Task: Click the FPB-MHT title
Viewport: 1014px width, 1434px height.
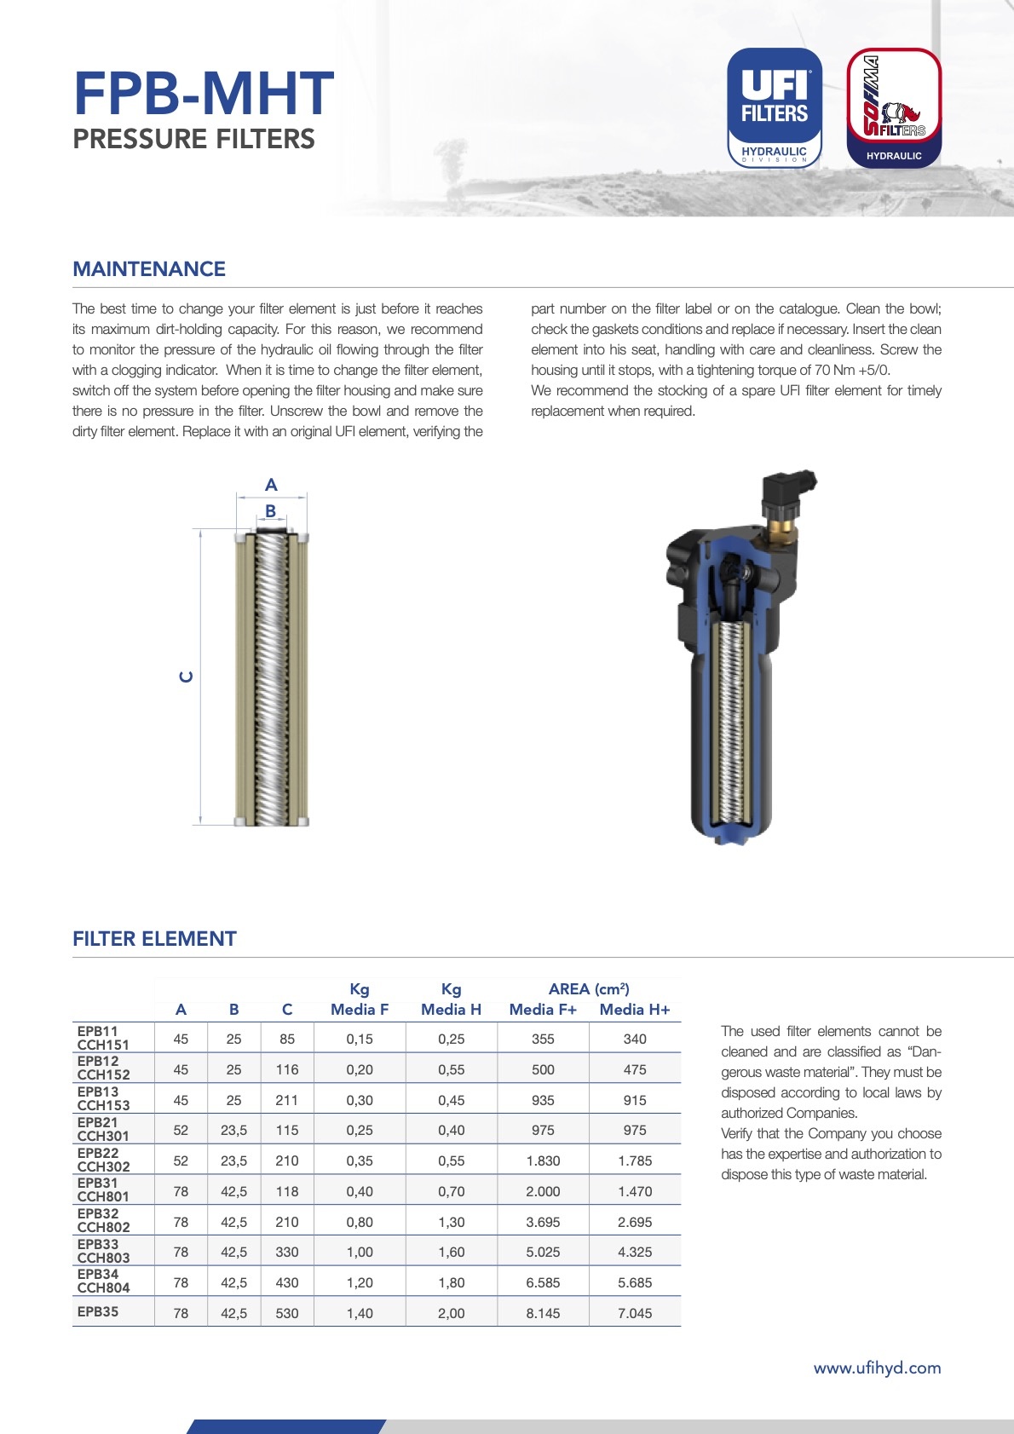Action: click(x=203, y=94)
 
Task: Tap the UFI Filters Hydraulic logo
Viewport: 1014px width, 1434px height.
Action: click(x=774, y=107)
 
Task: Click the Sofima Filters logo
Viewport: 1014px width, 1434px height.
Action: click(x=894, y=107)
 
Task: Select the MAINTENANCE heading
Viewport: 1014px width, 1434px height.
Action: click(x=149, y=269)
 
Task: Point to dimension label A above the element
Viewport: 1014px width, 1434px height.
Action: click(x=271, y=485)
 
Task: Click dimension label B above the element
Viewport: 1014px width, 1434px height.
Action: click(x=271, y=511)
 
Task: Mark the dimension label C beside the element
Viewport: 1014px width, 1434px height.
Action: click(x=186, y=677)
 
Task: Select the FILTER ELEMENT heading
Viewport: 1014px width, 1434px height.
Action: click(x=154, y=939)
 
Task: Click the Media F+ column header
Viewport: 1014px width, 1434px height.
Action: click(x=543, y=1010)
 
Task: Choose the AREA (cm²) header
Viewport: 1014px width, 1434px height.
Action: click(x=589, y=989)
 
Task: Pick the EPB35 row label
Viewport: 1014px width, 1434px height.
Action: click(x=98, y=1312)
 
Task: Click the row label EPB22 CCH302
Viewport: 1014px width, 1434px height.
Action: click(x=103, y=1160)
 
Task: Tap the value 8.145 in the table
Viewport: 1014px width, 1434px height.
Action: click(x=543, y=1314)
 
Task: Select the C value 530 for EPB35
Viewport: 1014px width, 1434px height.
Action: click(x=287, y=1314)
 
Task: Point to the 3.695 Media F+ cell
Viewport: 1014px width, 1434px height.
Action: click(x=543, y=1223)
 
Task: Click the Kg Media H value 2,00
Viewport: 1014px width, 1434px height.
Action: click(x=451, y=1314)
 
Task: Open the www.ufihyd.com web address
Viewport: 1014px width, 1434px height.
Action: click(x=877, y=1368)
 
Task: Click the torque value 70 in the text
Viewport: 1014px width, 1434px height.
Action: click(x=822, y=371)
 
